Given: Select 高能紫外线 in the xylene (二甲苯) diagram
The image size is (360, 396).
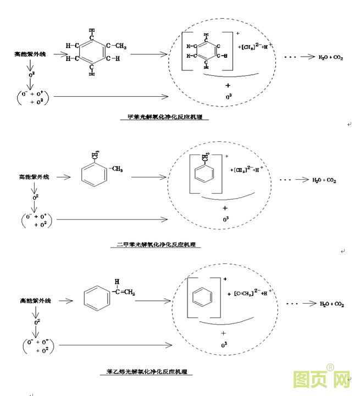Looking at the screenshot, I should coord(34,177).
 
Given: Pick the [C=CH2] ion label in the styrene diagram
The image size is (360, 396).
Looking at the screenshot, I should coord(247,292).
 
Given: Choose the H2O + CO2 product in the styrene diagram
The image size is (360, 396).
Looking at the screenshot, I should coord(331,304).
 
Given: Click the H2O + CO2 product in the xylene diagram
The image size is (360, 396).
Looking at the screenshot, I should coord(324,180).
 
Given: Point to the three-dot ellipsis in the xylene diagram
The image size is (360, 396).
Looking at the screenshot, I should coord(285,180).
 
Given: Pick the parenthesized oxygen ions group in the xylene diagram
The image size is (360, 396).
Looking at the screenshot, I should coord(35,221).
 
